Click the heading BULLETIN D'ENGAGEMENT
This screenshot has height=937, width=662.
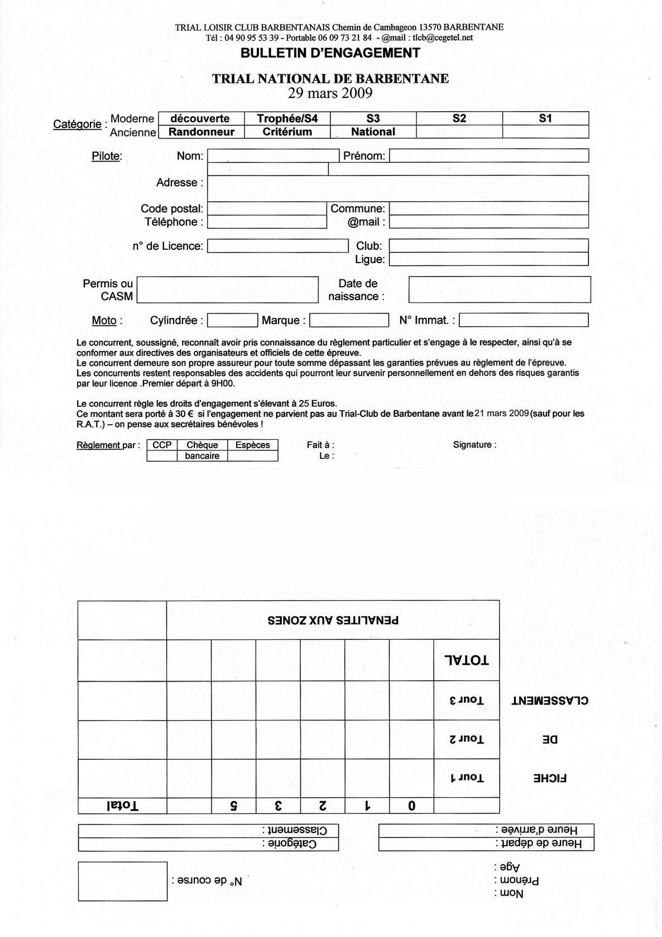point(330,53)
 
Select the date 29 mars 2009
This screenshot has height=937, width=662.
point(330,93)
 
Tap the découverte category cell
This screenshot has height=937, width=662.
point(200,118)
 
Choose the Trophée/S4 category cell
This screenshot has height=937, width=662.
point(287,118)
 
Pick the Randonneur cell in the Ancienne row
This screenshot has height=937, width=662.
point(202,132)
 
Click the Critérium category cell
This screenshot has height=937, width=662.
point(287,132)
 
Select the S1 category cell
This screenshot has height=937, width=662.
point(545,118)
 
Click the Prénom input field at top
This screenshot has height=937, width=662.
point(489,155)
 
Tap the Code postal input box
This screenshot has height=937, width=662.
point(267,208)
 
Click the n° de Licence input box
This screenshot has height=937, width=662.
point(277,246)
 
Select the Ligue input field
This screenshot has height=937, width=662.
point(489,259)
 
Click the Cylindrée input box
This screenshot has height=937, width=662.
point(232,320)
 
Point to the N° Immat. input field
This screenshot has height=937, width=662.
point(524,320)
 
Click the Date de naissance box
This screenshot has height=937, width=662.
point(500,289)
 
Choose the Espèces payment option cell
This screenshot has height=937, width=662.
point(253,445)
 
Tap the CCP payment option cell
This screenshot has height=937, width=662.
point(162,445)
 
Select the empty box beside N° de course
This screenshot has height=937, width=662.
point(122,881)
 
